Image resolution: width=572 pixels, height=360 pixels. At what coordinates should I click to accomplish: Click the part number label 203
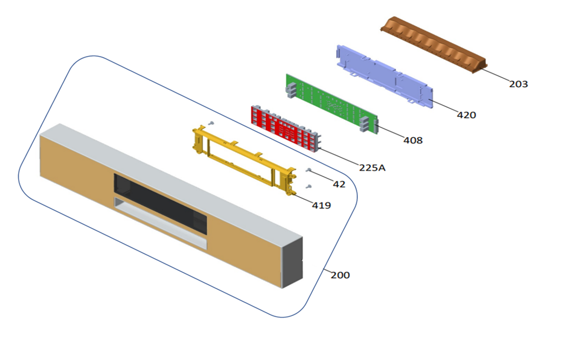pos(518,84)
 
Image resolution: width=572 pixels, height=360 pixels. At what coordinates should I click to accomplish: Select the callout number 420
pos(466,115)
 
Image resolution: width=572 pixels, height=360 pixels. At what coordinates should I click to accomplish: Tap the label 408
pos(413,140)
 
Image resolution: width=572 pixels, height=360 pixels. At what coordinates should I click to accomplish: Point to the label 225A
pos(372,167)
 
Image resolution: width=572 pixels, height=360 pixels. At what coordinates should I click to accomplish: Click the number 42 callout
pos(339,184)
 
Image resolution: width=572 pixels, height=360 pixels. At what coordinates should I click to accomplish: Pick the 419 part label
pos(321,205)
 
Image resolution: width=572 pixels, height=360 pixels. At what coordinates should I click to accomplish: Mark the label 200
pos(340,275)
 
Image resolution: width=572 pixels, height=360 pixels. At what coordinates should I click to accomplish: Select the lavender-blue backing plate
pos(385,76)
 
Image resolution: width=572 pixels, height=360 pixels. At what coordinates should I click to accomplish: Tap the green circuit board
pos(332,104)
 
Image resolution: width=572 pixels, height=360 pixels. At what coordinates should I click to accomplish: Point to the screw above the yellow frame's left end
pos(211,123)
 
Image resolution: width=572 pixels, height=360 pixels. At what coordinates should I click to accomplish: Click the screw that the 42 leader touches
pos(309,170)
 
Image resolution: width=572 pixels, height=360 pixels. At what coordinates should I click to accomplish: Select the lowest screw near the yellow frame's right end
pos(309,187)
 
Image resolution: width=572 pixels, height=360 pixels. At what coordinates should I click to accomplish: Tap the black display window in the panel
pos(161,203)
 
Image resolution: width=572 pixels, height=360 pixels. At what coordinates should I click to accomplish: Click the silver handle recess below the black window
pos(161,223)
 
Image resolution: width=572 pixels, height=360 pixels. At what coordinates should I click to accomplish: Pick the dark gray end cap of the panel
pos(292,262)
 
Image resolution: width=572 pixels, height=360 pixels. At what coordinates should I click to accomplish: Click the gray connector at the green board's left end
pos(291,90)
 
